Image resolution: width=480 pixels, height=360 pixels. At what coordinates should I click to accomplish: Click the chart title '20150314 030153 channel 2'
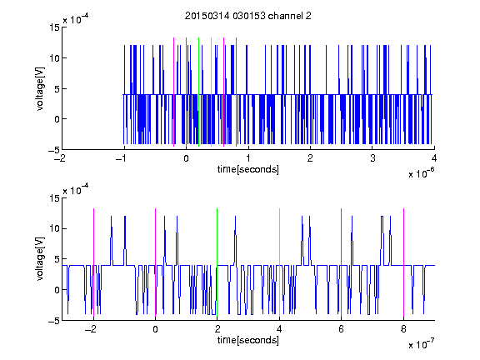click(x=248, y=16)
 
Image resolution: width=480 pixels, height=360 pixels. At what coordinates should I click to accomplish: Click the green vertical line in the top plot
click(x=198, y=92)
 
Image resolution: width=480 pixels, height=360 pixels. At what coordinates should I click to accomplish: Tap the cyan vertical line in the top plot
click(x=211, y=92)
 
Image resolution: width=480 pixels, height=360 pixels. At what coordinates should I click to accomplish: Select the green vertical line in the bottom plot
click(x=217, y=262)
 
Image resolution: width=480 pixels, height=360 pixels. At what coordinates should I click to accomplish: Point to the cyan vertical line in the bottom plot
click(x=279, y=262)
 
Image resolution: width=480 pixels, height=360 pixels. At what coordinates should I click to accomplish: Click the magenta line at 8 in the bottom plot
click(x=404, y=262)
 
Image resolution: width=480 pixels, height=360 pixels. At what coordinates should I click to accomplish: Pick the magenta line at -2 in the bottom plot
click(x=93, y=262)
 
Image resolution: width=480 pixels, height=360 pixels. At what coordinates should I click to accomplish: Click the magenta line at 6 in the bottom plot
click(x=342, y=262)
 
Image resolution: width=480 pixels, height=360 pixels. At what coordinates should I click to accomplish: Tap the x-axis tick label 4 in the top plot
click(x=434, y=158)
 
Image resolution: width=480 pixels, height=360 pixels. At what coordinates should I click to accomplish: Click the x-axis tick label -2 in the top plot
click(x=60, y=158)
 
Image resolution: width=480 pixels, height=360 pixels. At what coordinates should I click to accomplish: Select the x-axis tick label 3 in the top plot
click(x=372, y=158)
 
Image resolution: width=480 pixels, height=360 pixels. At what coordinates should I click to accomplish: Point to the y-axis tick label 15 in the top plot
click(x=54, y=27)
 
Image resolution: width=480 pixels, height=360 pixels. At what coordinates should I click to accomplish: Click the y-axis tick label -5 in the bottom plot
click(x=53, y=321)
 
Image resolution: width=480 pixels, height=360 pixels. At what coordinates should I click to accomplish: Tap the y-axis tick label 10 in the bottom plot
click(x=54, y=228)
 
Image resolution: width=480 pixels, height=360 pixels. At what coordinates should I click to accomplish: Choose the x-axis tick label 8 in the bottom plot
click(x=403, y=329)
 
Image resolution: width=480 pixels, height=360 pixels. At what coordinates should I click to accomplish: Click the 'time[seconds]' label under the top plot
click(x=248, y=169)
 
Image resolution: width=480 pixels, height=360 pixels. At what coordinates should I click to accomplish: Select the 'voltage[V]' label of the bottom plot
click(x=40, y=259)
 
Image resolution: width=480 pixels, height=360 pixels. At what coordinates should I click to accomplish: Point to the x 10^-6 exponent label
click(x=421, y=173)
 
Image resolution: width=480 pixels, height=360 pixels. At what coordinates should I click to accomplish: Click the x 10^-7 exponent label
click(x=421, y=344)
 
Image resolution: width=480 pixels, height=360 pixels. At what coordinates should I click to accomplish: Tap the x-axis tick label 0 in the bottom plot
click(x=155, y=329)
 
